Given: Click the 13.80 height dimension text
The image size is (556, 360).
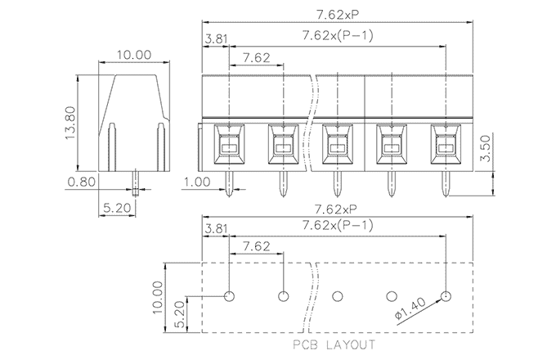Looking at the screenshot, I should pyautogui.click(x=70, y=122).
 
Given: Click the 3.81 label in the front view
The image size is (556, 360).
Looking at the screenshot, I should pyautogui.click(x=216, y=38).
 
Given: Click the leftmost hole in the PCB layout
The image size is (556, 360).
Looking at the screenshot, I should pyautogui.click(x=229, y=295).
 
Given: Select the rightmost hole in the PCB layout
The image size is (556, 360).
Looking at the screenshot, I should pyautogui.click(x=446, y=295).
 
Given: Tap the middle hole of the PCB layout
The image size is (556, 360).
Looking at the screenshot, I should pyautogui.click(x=337, y=295).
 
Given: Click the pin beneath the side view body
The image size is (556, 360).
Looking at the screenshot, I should pyautogui.click(x=135, y=181).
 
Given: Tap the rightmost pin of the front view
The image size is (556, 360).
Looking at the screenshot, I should pyautogui.click(x=446, y=183).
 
